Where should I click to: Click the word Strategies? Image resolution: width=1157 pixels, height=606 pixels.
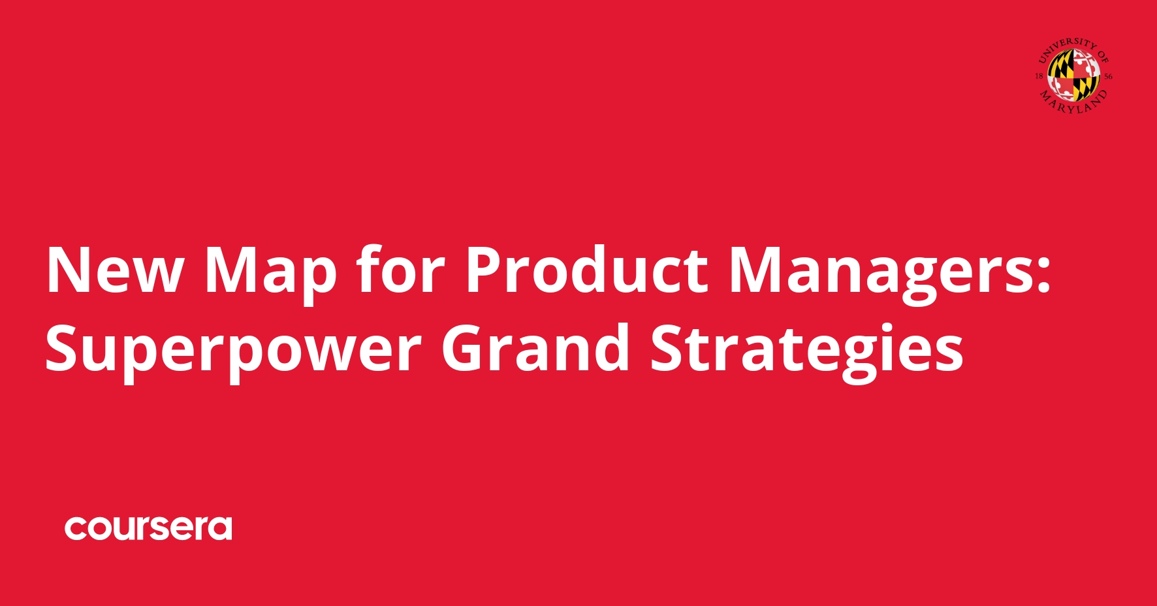tap(806, 350)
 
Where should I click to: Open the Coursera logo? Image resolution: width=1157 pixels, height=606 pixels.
tap(148, 528)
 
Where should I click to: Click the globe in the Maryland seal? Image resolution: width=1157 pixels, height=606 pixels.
tap(1074, 76)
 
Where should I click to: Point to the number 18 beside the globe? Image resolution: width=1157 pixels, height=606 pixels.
tap(1039, 76)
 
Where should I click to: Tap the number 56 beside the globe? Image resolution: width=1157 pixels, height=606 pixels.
tap(1108, 76)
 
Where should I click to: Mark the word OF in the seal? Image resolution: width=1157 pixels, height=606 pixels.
tap(1103, 56)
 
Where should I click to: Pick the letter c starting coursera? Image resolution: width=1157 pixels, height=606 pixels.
tap(76, 529)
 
